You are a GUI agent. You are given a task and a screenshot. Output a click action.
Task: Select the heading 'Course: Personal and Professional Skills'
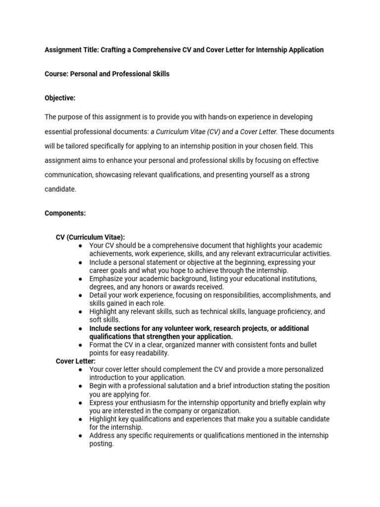(x=107, y=74)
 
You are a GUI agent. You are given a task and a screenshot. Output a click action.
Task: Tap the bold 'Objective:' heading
(x=60, y=98)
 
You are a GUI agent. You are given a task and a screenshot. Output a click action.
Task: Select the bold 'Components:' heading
(x=65, y=213)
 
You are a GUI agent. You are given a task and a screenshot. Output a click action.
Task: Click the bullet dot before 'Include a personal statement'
(x=80, y=262)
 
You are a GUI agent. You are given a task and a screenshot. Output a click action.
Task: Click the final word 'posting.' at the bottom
(x=101, y=444)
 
